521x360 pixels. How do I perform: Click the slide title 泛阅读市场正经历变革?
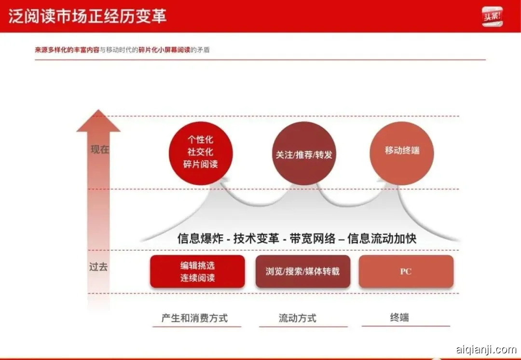[x=87, y=16]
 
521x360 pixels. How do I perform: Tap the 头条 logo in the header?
[x=493, y=16]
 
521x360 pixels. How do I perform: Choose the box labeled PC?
[x=406, y=271]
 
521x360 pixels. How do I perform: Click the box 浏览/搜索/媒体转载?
[x=302, y=271]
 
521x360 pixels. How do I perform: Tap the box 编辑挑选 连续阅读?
[x=197, y=271]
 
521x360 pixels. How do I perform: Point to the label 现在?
[x=100, y=150]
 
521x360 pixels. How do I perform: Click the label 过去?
[x=98, y=267]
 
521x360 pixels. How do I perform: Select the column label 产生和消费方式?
[x=194, y=318]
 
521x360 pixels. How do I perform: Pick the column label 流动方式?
[x=298, y=318]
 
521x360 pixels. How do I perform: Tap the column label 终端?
[x=399, y=318]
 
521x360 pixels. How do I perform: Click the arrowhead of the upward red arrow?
[x=98, y=122]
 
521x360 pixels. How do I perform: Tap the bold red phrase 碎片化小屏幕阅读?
[x=165, y=49]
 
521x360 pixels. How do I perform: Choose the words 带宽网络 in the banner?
[x=313, y=238]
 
